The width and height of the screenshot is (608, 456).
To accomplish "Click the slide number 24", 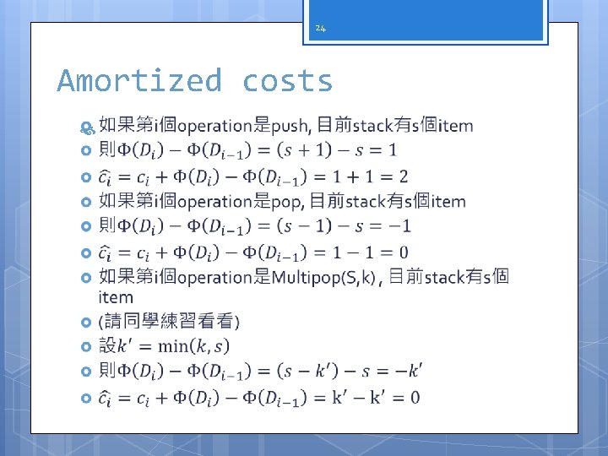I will point(320,29).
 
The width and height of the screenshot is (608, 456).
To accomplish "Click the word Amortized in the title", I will point(139,81).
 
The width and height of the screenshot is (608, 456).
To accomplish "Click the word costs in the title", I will point(288,81).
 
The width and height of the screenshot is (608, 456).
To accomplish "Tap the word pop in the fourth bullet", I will point(288,201).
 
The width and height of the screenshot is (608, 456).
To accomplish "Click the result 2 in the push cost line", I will point(403,176).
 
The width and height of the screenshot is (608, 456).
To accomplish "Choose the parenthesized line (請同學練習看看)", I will point(170,321).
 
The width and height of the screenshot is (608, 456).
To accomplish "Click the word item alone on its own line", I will point(116,296).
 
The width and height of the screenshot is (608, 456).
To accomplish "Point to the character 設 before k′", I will point(107,345).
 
